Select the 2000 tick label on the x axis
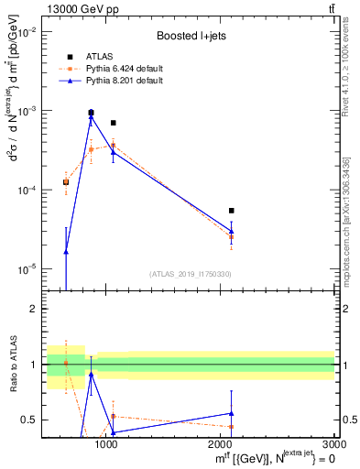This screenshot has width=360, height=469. click(x=222, y=444)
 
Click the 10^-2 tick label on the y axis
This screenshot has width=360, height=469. click(x=27, y=31)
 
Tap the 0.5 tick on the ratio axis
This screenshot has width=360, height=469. click(x=30, y=420)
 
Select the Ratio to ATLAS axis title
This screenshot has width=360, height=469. click(x=13, y=364)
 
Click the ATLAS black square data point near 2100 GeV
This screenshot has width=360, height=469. click(x=231, y=211)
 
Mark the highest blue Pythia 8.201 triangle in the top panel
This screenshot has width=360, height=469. click(x=91, y=117)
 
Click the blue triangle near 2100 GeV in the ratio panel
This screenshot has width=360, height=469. click(x=231, y=413)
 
